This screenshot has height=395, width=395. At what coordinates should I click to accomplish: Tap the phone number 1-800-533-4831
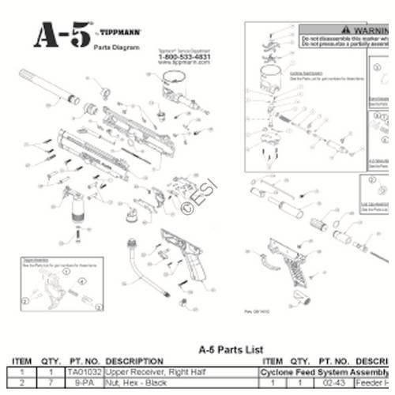click(x=183, y=58)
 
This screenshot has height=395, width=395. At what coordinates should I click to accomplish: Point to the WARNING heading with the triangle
click(x=352, y=27)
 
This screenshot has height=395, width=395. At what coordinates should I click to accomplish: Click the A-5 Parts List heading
click(x=224, y=349)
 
